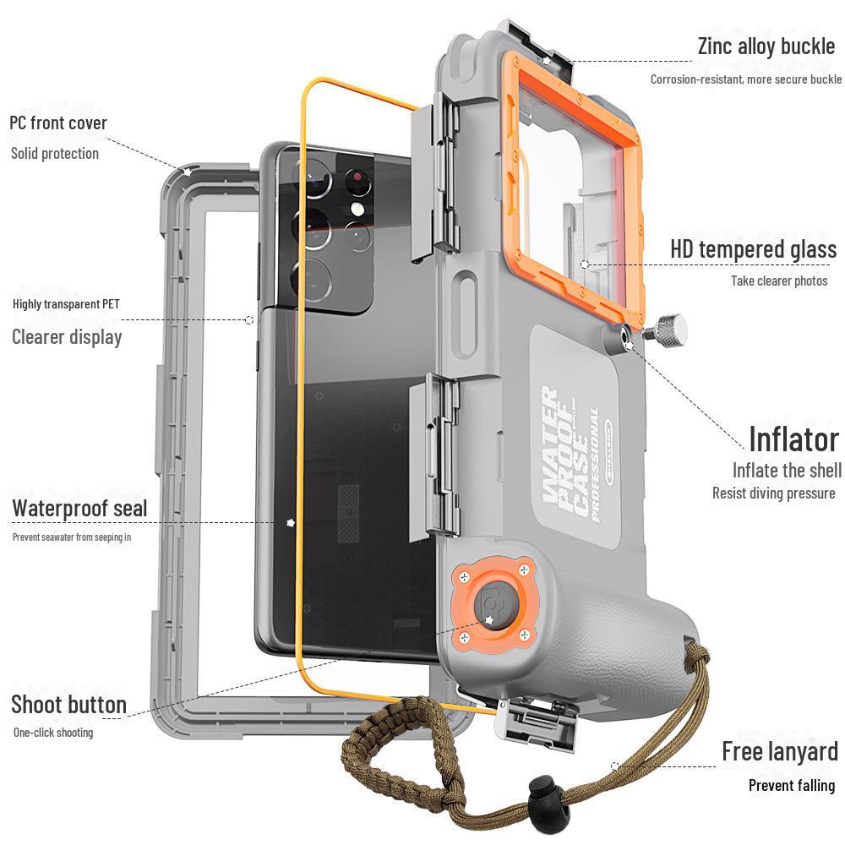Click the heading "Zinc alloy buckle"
766,46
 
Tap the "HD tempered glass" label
753,250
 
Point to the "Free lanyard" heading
779,751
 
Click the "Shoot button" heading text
68,705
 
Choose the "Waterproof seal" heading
79,509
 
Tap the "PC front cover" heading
58,123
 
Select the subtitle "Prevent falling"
791,786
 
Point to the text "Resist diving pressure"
773,493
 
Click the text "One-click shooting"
53,733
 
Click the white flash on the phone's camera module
359,209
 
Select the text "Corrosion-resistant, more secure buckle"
745,79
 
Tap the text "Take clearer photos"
778,281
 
